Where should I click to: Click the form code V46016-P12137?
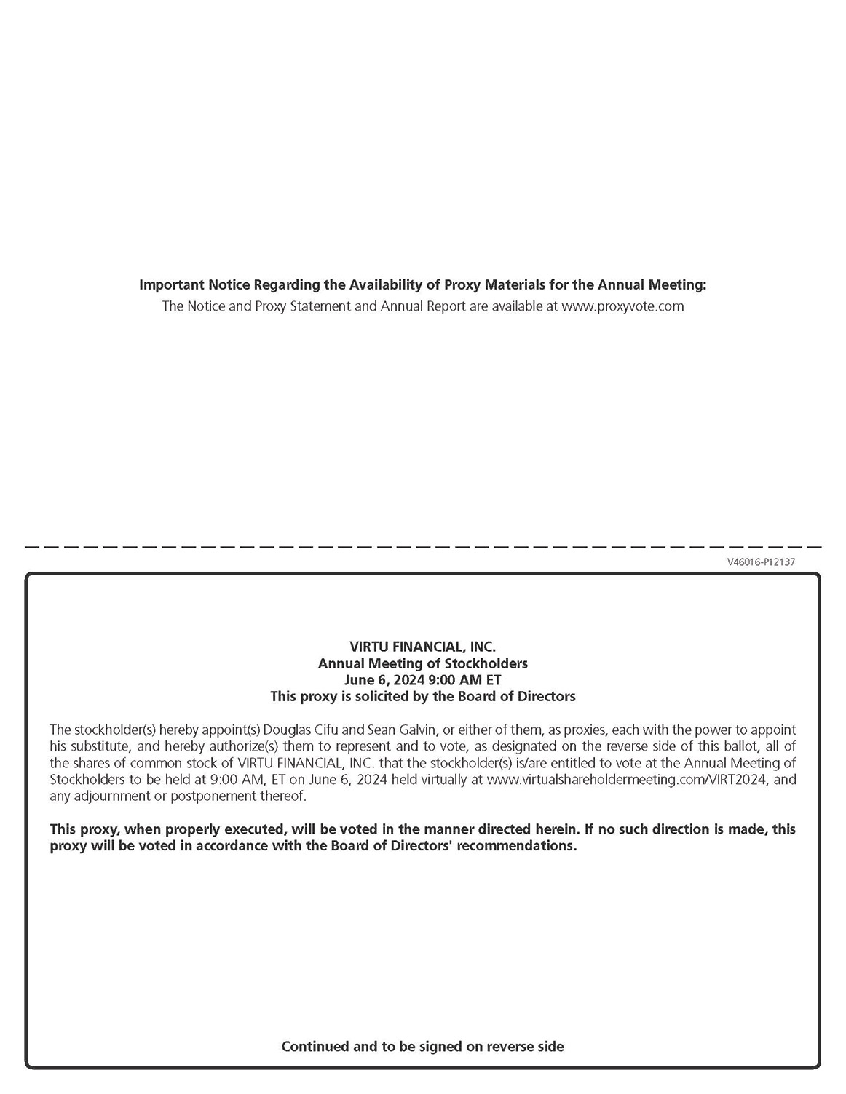point(760,562)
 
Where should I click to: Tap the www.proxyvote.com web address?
point(622,306)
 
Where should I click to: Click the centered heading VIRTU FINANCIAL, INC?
point(422,647)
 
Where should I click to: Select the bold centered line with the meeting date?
point(422,680)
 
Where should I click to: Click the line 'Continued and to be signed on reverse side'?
point(422,1047)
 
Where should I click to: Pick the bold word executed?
point(248,829)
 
